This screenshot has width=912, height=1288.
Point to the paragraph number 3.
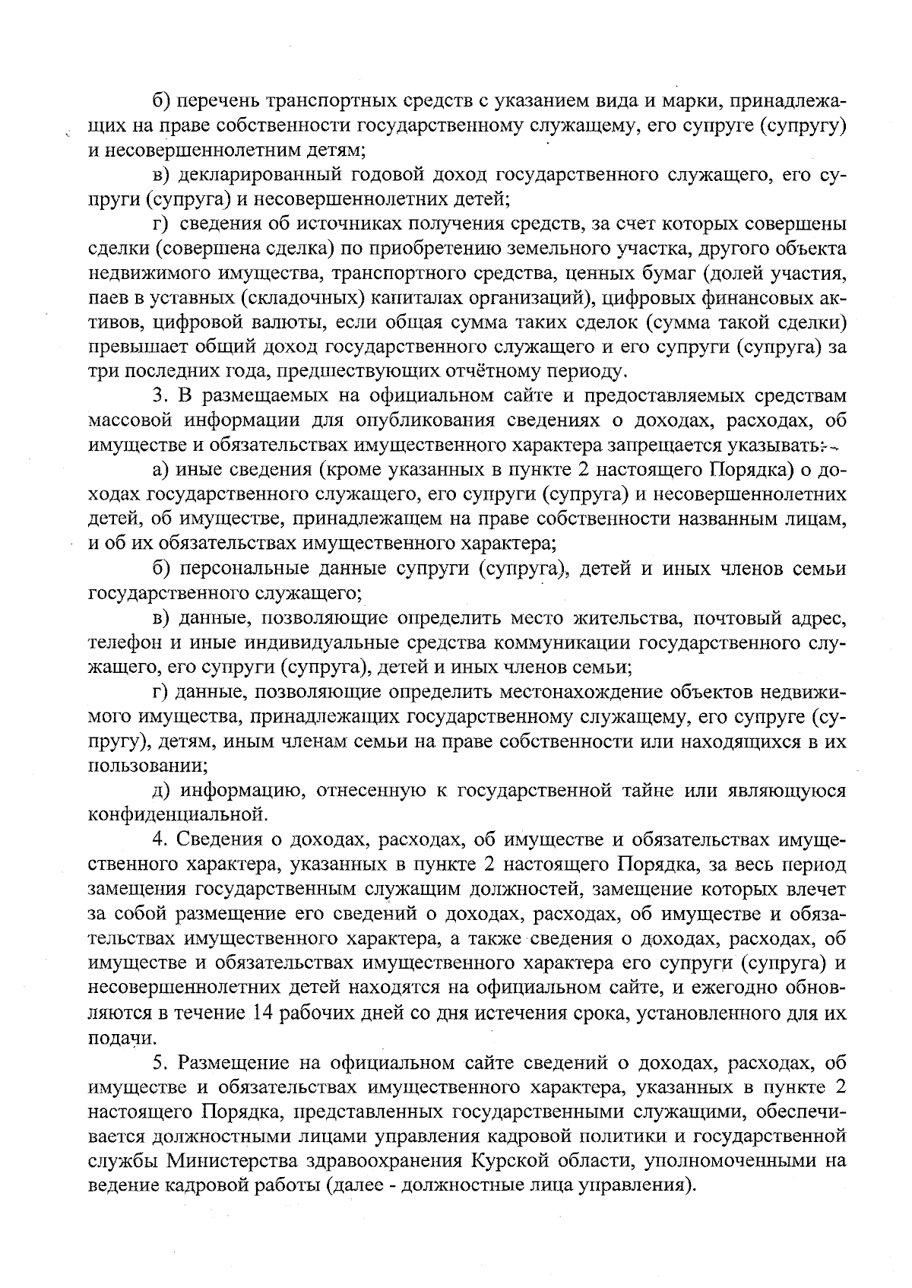click(158, 396)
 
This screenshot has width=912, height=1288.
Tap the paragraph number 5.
click(158, 1062)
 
